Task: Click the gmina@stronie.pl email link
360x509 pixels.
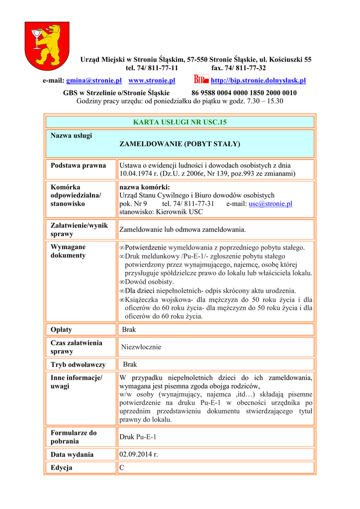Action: (94, 81)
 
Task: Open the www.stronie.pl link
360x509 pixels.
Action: (152, 81)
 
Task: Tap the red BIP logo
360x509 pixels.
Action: (201, 80)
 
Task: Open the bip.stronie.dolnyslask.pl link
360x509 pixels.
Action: (258, 81)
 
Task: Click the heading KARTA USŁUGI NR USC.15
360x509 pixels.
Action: (180, 122)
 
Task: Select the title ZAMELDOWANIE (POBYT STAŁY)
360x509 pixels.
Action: (180, 144)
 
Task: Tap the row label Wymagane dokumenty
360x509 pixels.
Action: (68, 251)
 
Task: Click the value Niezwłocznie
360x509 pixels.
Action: (141, 347)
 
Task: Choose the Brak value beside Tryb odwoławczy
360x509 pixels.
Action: (130, 364)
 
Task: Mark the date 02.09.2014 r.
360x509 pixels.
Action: (138, 454)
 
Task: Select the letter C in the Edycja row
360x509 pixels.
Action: (122, 468)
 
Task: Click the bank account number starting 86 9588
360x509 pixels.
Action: (244, 93)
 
